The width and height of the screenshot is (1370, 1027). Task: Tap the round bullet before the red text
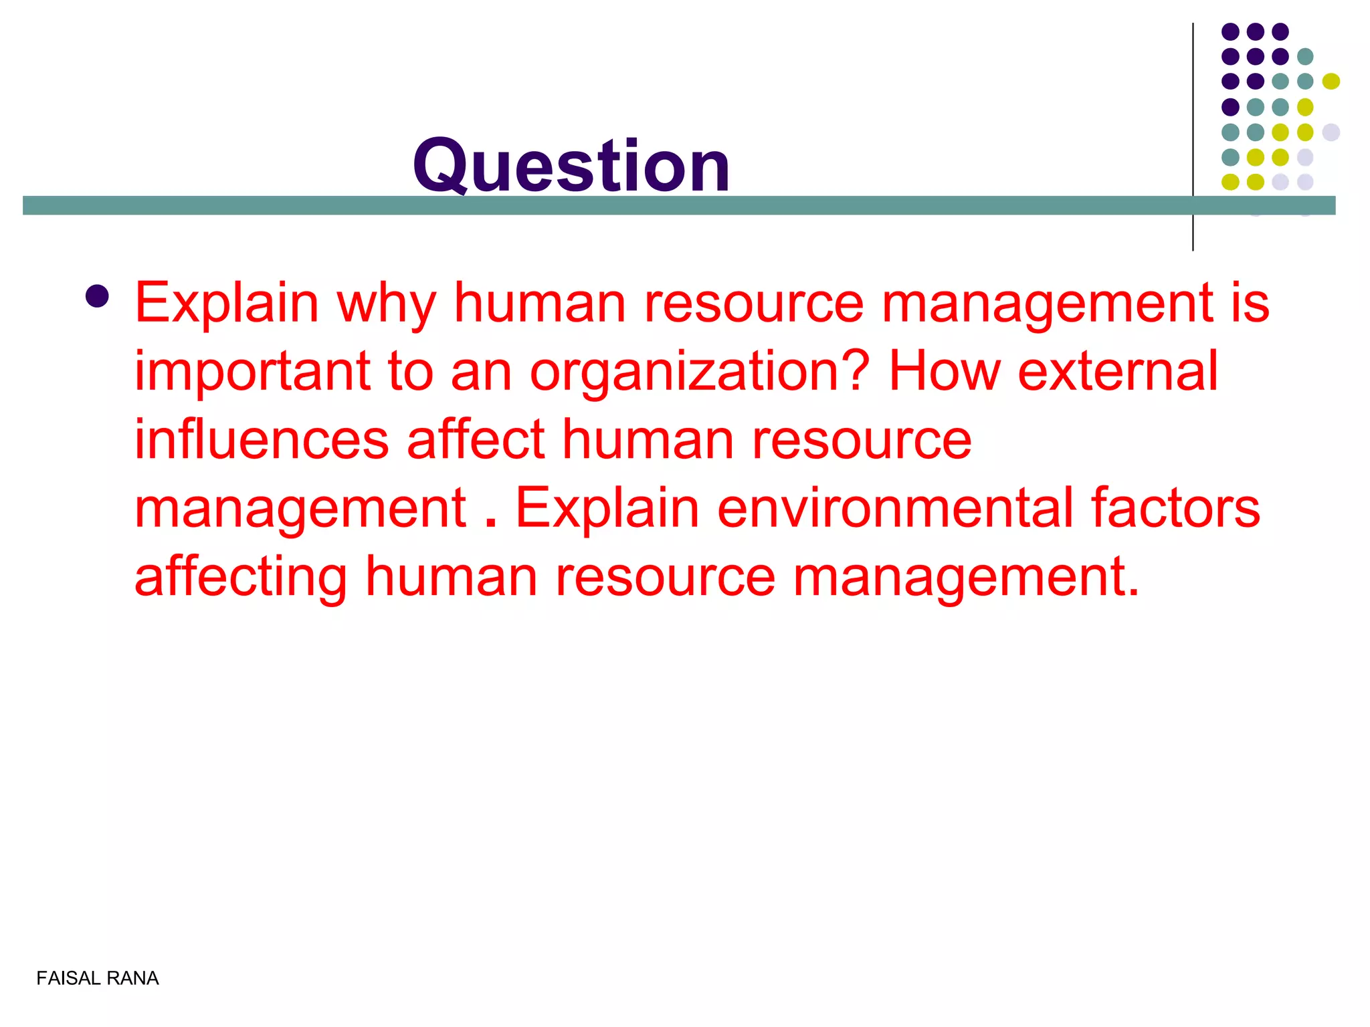[98, 296]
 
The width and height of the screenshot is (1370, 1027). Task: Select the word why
[386, 304]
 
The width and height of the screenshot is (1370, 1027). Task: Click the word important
[252, 372]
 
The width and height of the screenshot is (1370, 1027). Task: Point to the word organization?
[700, 373]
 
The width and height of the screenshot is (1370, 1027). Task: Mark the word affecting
[241, 578]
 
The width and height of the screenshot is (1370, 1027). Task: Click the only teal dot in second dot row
[1305, 56]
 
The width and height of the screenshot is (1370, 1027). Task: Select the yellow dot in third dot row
[1331, 81]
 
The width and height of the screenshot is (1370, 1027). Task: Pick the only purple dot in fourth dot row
[1230, 106]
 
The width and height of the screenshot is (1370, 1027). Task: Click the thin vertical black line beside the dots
[1193, 134]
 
